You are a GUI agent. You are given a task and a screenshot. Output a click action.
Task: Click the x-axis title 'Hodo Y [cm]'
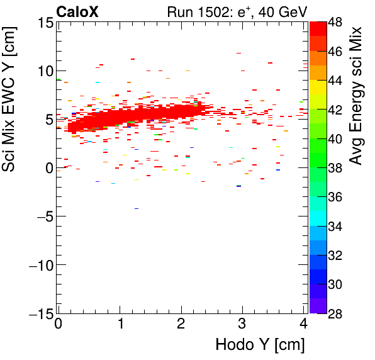[260, 346]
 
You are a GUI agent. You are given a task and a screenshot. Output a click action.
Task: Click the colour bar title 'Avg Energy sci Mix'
[357, 96]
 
